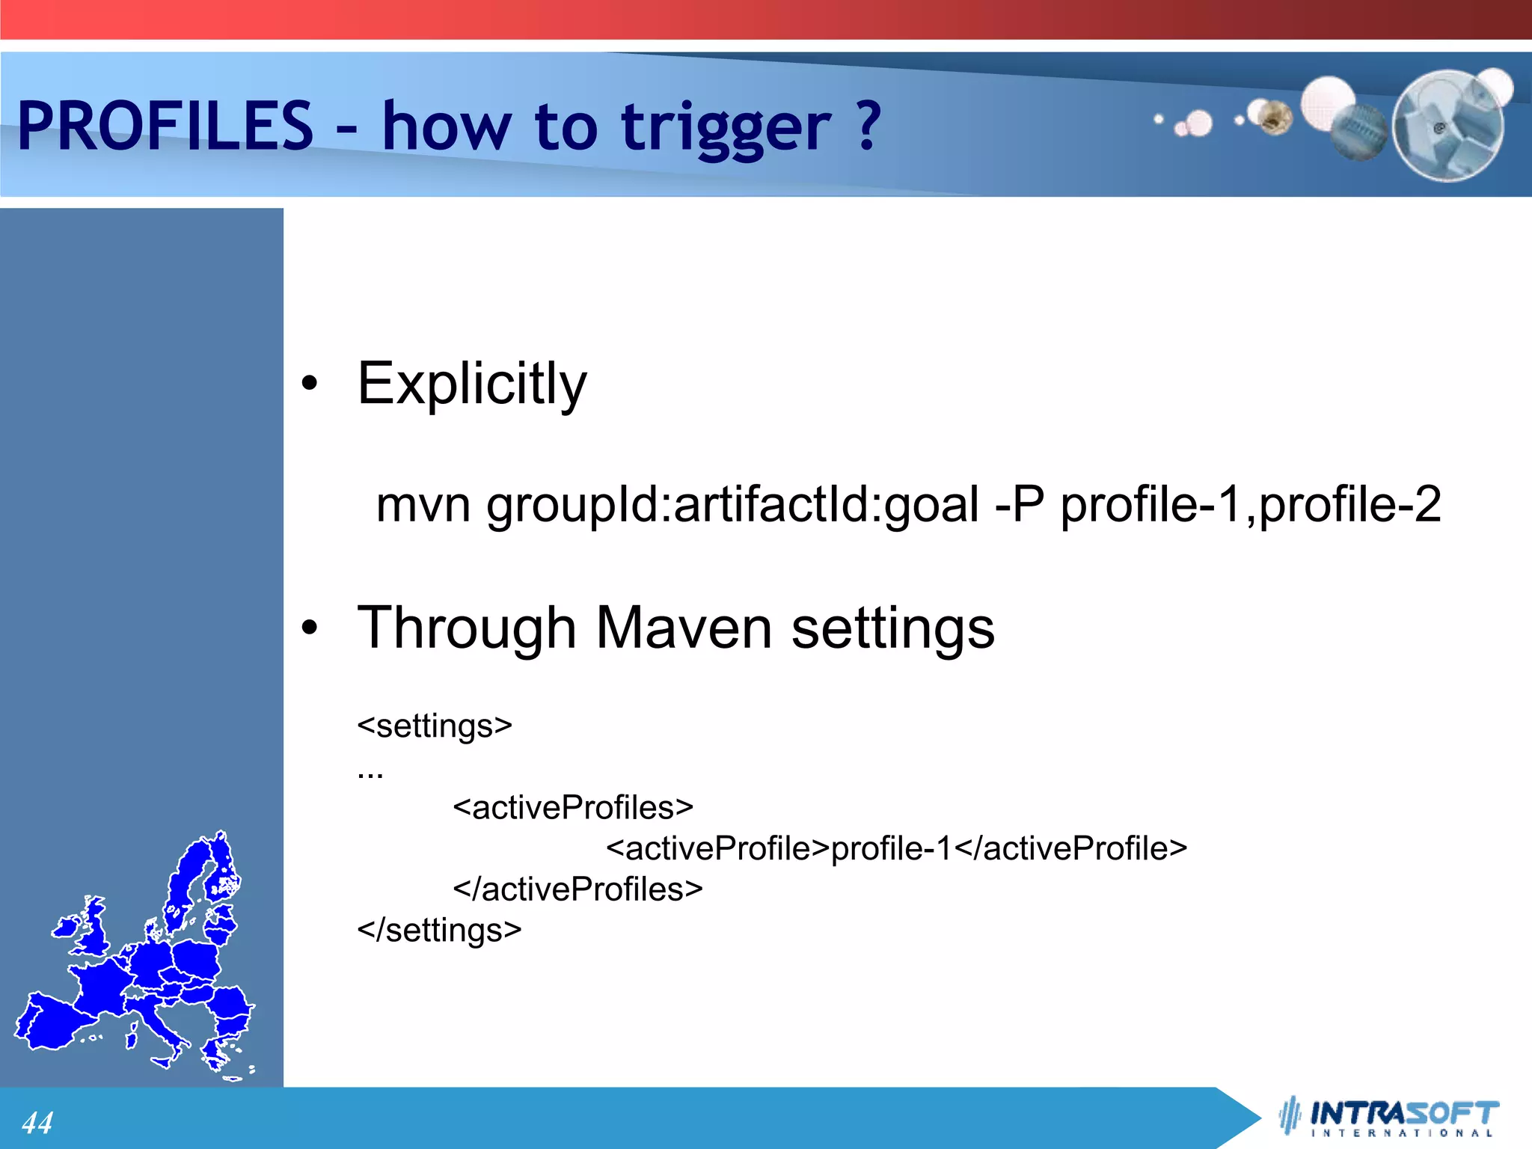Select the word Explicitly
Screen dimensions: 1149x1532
472,384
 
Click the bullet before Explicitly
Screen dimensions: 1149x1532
310,384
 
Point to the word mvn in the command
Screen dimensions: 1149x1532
423,505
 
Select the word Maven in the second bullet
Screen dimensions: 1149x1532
684,628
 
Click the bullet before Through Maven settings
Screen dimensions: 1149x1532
310,628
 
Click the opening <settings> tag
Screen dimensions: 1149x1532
435,726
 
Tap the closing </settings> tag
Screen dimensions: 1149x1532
439,931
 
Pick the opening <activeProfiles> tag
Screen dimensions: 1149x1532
573,808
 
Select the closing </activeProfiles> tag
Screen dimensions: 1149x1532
577,889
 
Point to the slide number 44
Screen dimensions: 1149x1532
37,1122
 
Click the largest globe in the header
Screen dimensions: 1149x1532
1447,126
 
